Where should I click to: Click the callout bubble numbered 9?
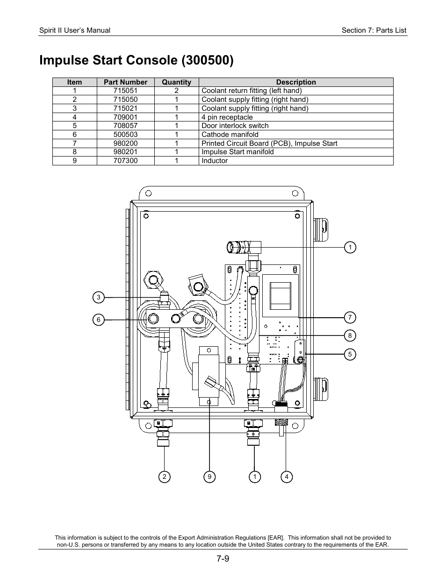pyautogui.click(x=209, y=477)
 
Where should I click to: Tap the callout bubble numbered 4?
pyautogui.click(x=286, y=477)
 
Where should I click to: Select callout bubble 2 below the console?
pyautogui.click(x=164, y=477)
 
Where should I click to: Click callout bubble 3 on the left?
pyautogui.click(x=98, y=297)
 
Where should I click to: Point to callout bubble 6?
pyautogui.click(x=98, y=320)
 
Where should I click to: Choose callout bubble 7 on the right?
pyautogui.click(x=350, y=318)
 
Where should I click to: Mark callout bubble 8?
pyautogui.click(x=350, y=335)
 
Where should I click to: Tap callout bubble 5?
pyautogui.click(x=350, y=354)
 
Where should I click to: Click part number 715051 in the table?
pyautogui.click(x=125, y=91)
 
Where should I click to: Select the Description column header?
pyautogui.click(x=295, y=82)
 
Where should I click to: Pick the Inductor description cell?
pyautogui.click(x=215, y=161)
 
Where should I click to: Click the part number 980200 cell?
pyautogui.click(x=125, y=143)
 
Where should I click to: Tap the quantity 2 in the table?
pyautogui.click(x=176, y=91)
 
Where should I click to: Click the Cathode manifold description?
pyautogui.click(x=230, y=135)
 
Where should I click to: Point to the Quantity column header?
pyautogui.click(x=176, y=82)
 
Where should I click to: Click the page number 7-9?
pyautogui.click(x=223, y=558)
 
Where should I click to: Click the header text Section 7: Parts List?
pyautogui.click(x=374, y=30)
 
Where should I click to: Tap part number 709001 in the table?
pyautogui.click(x=125, y=117)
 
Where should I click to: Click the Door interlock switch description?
pyautogui.click(x=235, y=126)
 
